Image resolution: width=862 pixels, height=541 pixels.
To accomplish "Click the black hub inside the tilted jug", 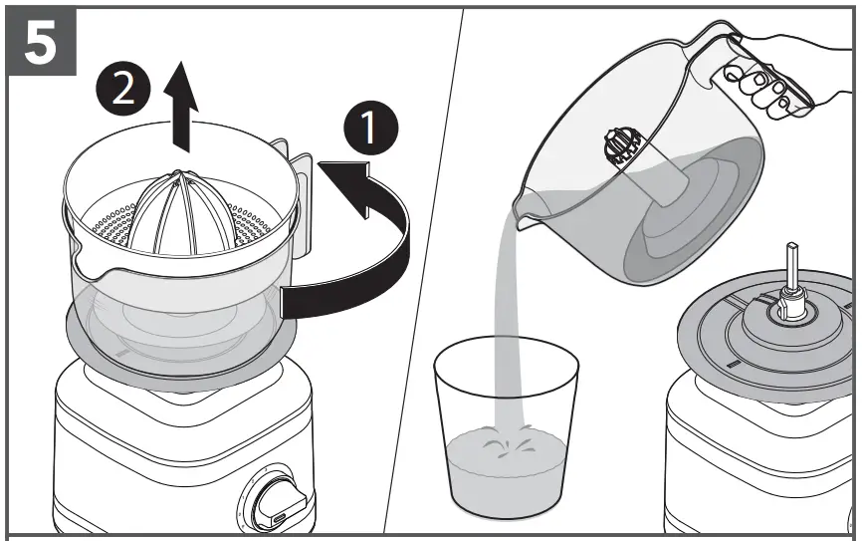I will tap(621, 148).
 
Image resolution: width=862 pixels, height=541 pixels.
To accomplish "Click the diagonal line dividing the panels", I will tap(424, 269).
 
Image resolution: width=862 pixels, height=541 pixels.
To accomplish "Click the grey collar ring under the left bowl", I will tap(179, 354).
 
